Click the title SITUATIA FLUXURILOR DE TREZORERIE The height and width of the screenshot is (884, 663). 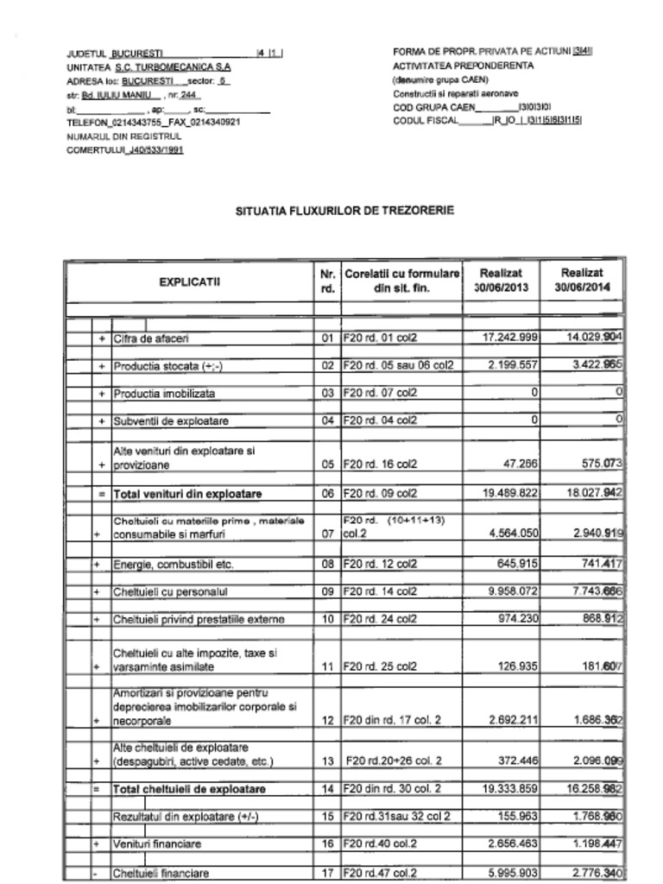(344, 211)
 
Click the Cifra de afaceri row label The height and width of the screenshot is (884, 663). (151, 338)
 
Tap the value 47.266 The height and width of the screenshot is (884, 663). (520, 464)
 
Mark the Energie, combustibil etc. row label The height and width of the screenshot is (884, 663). (174, 565)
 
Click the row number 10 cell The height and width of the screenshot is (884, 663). (327, 620)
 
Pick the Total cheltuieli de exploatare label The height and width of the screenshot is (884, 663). (190, 789)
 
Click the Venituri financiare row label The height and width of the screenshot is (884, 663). (157, 844)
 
